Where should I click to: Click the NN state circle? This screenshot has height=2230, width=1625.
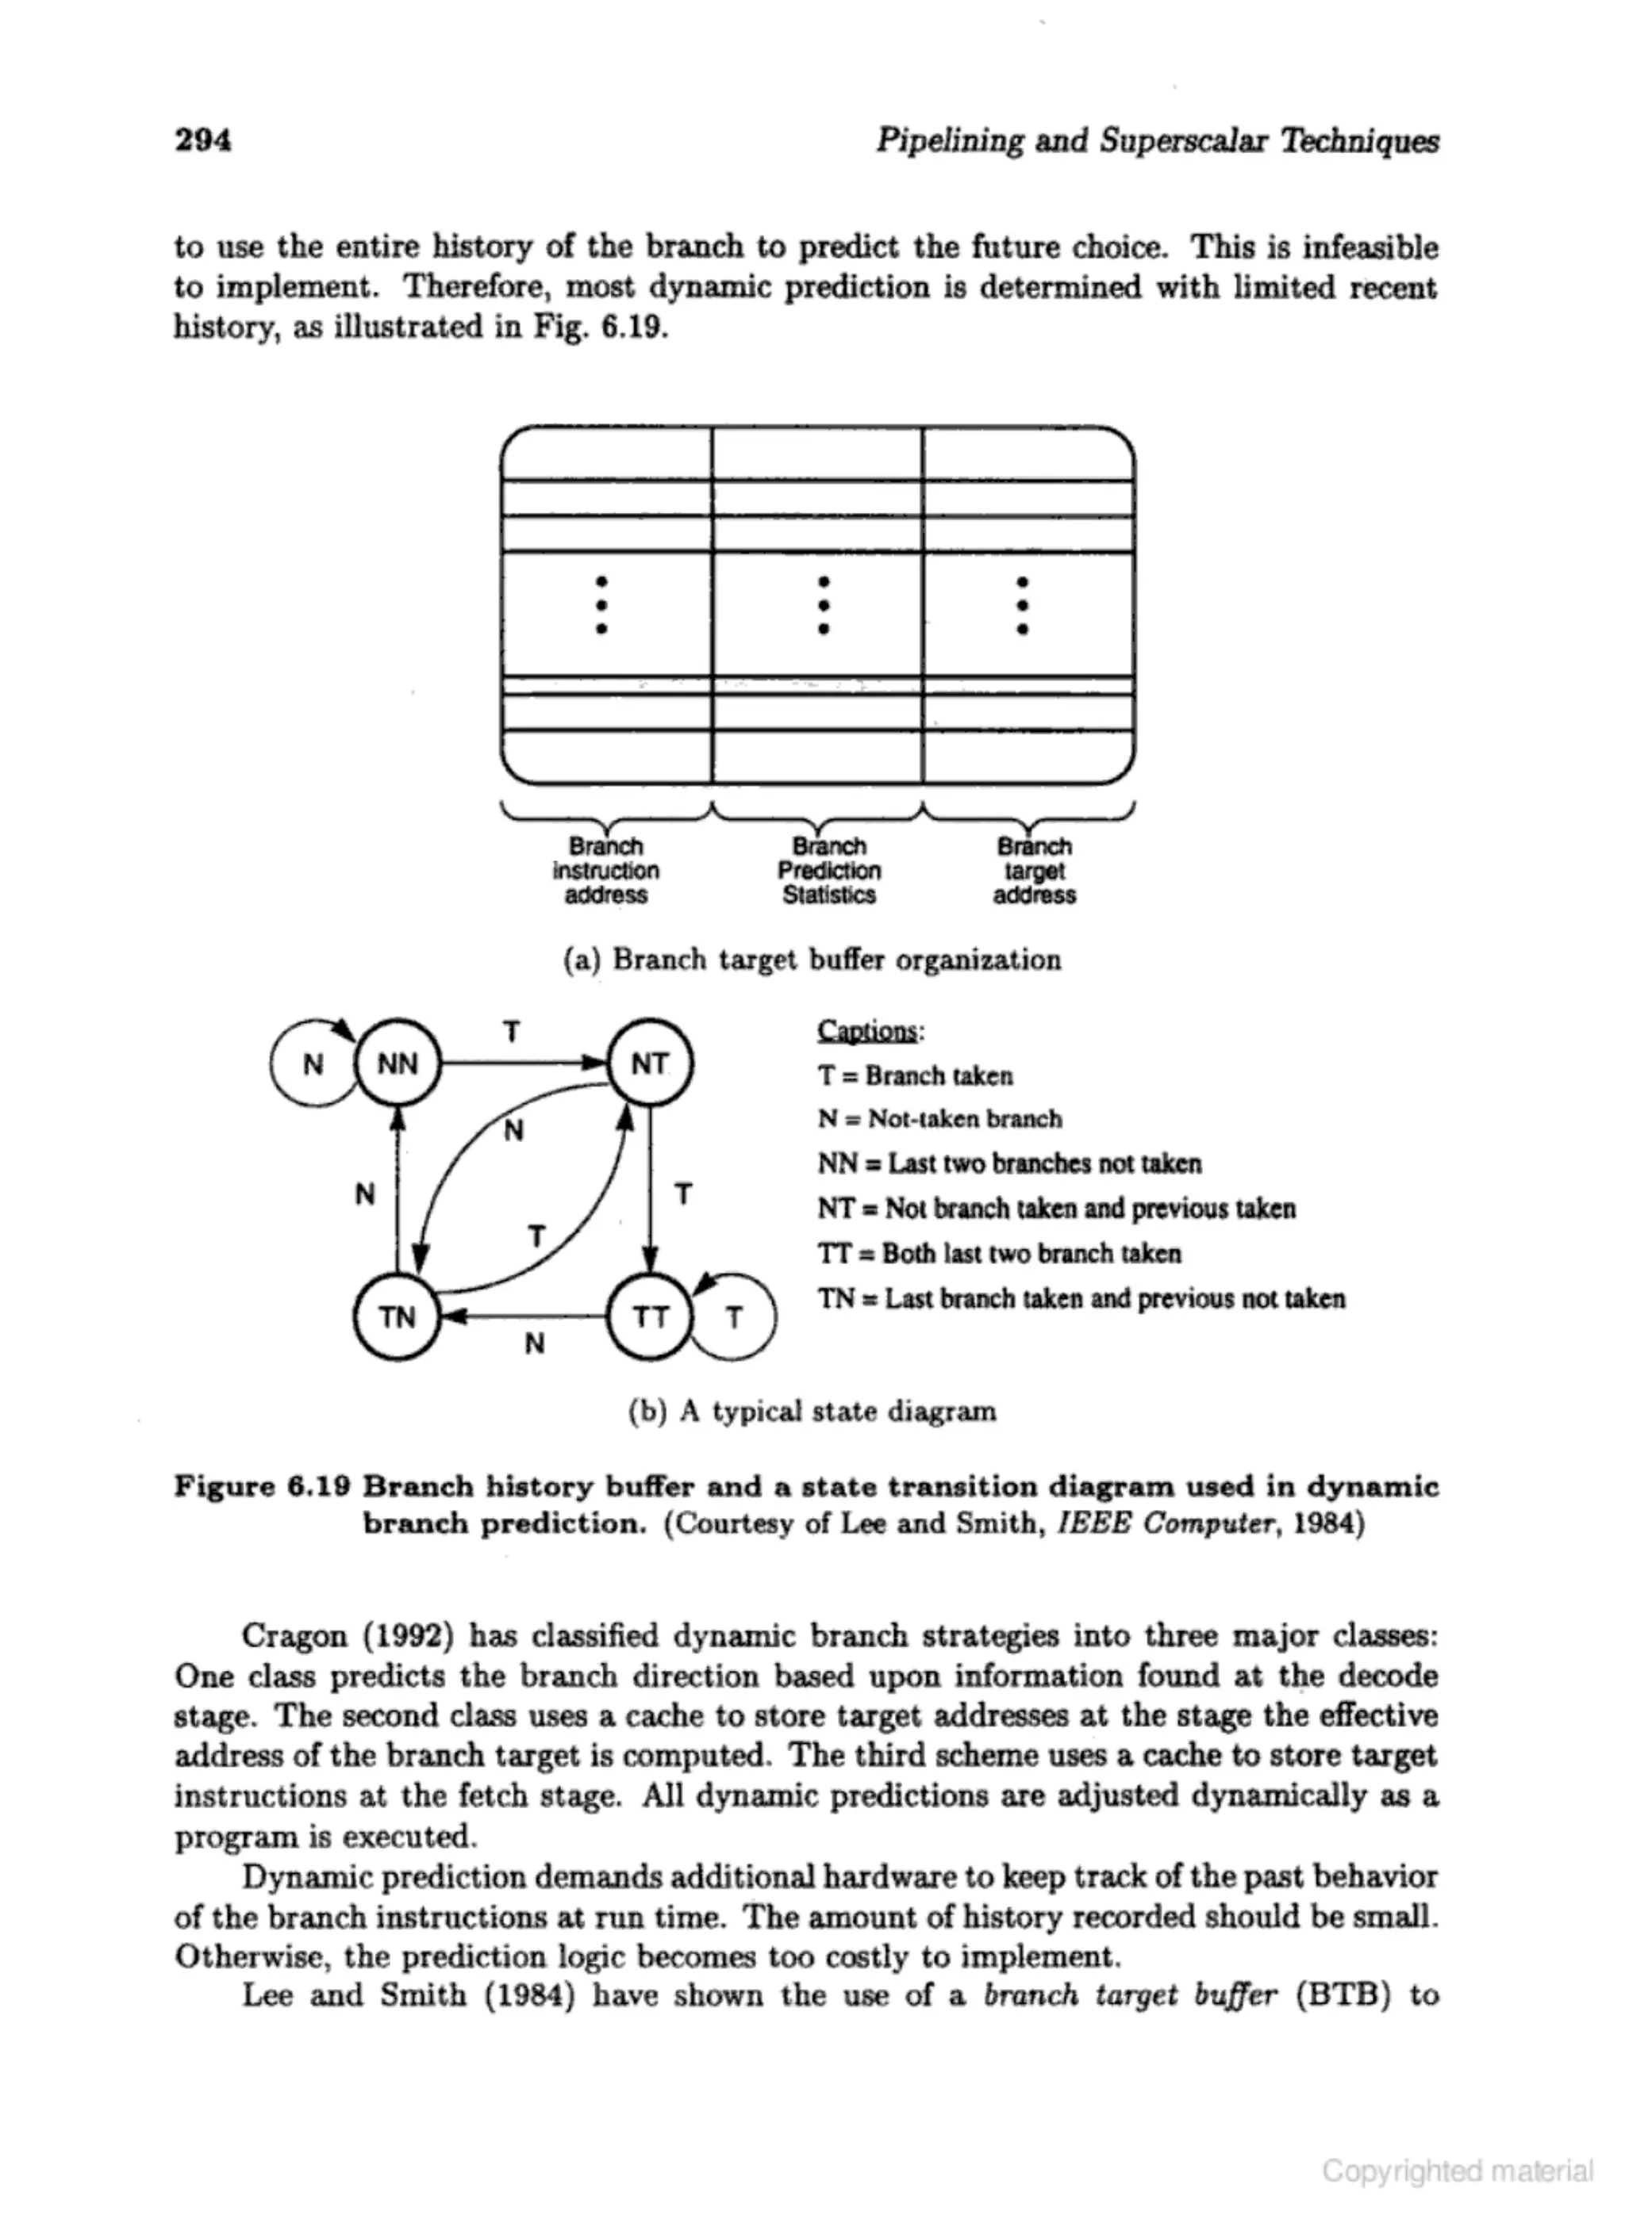click(398, 1064)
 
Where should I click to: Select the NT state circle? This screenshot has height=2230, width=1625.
click(650, 1064)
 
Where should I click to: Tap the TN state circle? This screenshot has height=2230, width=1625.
click(398, 1316)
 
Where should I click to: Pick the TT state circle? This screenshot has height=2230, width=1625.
click(650, 1316)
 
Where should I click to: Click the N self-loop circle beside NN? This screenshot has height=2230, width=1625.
click(312, 1065)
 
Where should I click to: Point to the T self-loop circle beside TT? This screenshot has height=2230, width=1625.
click(735, 1317)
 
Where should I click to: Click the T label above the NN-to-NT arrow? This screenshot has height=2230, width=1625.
click(512, 1032)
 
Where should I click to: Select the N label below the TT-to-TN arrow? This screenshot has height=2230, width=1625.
click(534, 1343)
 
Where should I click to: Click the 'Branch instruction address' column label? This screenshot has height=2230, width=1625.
click(606, 870)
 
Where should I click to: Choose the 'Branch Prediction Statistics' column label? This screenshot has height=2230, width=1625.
click(829, 870)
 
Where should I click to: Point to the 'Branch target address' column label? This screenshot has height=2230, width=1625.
click(1035, 870)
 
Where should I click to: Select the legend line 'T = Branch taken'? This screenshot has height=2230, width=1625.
click(915, 1075)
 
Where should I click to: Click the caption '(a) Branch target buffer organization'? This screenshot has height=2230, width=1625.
click(812, 960)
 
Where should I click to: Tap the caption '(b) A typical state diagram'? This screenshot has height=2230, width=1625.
click(812, 1412)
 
